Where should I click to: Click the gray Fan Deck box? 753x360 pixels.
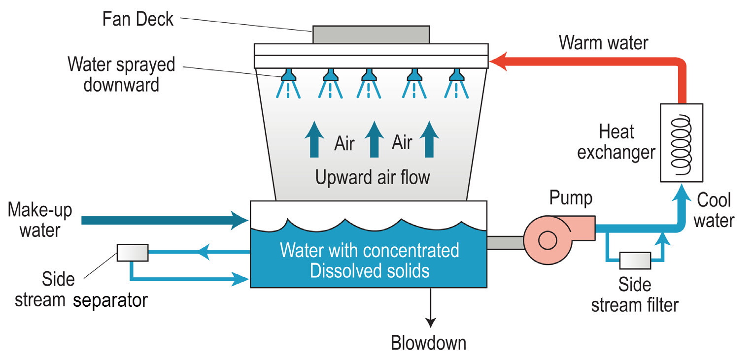click(370, 34)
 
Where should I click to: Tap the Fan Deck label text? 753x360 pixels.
click(138, 19)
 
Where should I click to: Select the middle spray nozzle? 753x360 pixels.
click(369, 75)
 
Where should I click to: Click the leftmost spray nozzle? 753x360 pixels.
click(287, 75)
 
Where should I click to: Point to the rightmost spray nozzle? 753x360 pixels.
click(455, 75)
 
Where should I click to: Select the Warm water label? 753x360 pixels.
click(604, 43)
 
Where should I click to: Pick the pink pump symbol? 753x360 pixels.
click(547, 240)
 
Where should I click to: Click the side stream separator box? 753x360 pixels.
click(133, 253)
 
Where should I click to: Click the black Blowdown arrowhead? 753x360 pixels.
click(431, 323)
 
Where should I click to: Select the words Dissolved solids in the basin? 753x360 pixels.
click(370, 270)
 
